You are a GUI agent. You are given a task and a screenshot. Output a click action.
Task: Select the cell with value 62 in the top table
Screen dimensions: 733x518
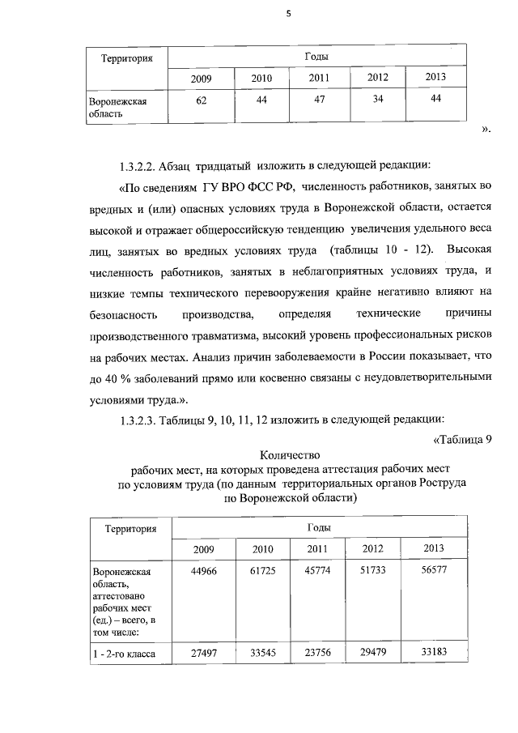(201, 99)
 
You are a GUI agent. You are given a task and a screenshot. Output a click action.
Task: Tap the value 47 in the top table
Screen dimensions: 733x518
(319, 99)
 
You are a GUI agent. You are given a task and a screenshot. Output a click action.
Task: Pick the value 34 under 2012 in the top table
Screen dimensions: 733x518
(377, 99)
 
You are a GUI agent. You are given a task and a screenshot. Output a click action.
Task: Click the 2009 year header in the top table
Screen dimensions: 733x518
(201, 79)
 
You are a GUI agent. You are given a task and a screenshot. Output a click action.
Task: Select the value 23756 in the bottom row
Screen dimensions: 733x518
(319, 653)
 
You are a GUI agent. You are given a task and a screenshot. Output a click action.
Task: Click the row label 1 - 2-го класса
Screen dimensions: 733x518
(124, 654)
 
